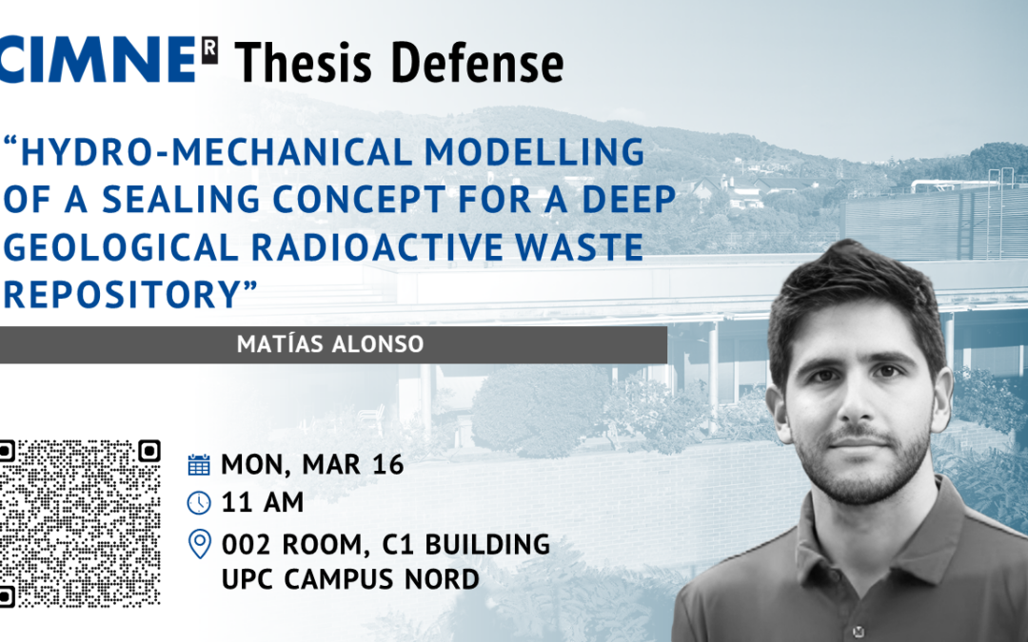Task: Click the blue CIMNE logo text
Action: (98, 60)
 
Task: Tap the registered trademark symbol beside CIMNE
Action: (209, 50)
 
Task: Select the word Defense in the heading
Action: (477, 63)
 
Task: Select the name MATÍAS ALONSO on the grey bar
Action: (330, 344)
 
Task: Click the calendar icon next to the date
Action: (199, 464)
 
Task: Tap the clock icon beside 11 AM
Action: (199, 503)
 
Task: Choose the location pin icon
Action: (199, 544)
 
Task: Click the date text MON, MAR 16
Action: (312, 464)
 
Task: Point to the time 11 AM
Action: (263, 503)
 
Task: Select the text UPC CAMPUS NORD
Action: (350, 579)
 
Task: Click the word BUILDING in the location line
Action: (487, 544)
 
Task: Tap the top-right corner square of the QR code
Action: (148, 452)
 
